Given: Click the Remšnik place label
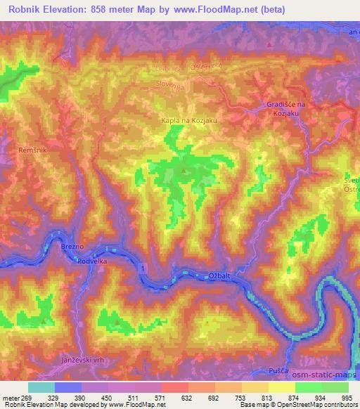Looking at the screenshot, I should click(32, 150).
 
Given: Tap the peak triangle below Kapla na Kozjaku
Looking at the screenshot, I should click(184, 169).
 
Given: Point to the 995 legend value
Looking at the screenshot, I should click(347, 397).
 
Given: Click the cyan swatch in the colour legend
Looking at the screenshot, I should click(41, 387).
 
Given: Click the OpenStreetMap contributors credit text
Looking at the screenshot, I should click(309, 405).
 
